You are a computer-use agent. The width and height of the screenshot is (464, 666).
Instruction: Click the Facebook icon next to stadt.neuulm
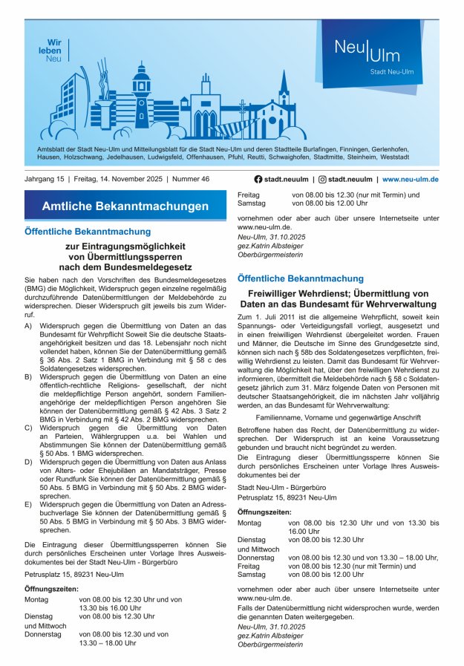coord(258,179)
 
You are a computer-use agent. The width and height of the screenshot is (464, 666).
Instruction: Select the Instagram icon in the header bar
coord(322,179)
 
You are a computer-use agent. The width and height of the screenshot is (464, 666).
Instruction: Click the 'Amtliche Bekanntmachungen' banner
coord(125,206)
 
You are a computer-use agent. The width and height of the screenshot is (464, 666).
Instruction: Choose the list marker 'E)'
coord(28,504)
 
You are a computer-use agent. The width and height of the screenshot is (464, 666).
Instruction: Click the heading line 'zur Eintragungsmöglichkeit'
coord(125,246)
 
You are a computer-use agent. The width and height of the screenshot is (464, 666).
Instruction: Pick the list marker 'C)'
coord(28,428)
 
